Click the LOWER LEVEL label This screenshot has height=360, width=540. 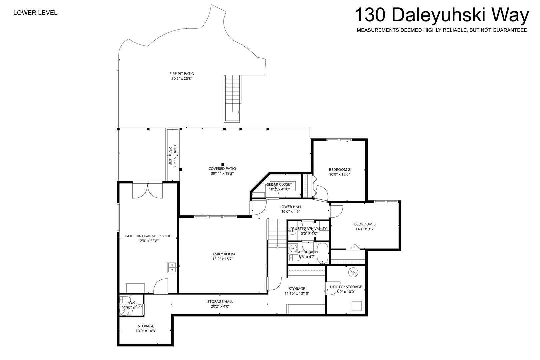tap(35, 13)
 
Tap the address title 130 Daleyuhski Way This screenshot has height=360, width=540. tap(442, 15)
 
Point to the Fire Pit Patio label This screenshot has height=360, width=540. tap(182, 74)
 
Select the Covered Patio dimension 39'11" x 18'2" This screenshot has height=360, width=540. tap(222, 173)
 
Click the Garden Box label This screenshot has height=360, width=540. tap(175, 156)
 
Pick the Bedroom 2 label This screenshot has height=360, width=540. tap(339, 170)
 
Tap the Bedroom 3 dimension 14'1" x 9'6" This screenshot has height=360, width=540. tap(365, 229)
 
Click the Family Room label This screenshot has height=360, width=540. tap(223, 254)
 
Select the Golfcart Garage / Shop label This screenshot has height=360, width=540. tap(148, 236)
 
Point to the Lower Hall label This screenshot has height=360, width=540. tap(290, 207)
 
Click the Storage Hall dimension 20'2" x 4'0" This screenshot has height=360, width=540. tap(220, 306)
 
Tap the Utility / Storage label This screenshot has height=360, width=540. tap(346, 287)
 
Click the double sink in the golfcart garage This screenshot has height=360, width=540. tap(172, 267)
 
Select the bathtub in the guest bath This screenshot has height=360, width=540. tap(323, 253)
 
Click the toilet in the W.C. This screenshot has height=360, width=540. tap(125, 300)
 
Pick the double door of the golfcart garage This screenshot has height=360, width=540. tap(148, 191)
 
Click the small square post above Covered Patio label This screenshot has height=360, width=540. tap(223, 165)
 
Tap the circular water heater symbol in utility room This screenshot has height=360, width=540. tap(353, 272)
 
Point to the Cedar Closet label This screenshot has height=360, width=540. tap(279, 184)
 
